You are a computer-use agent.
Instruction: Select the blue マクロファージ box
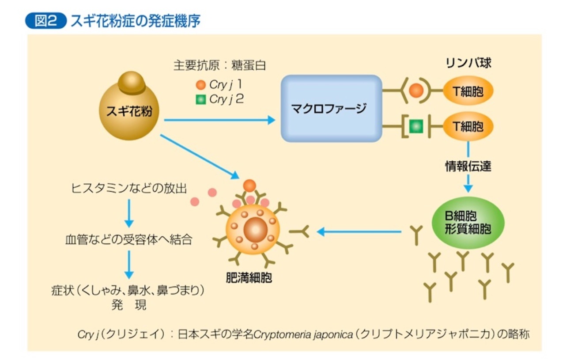click(x=331, y=108)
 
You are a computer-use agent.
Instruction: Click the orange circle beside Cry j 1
click(x=201, y=84)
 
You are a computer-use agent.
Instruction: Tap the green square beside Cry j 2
click(x=201, y=99)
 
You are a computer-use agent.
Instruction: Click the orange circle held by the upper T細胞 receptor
click(x=416, y=91)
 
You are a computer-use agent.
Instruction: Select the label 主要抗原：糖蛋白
click(x=220, y=66)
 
